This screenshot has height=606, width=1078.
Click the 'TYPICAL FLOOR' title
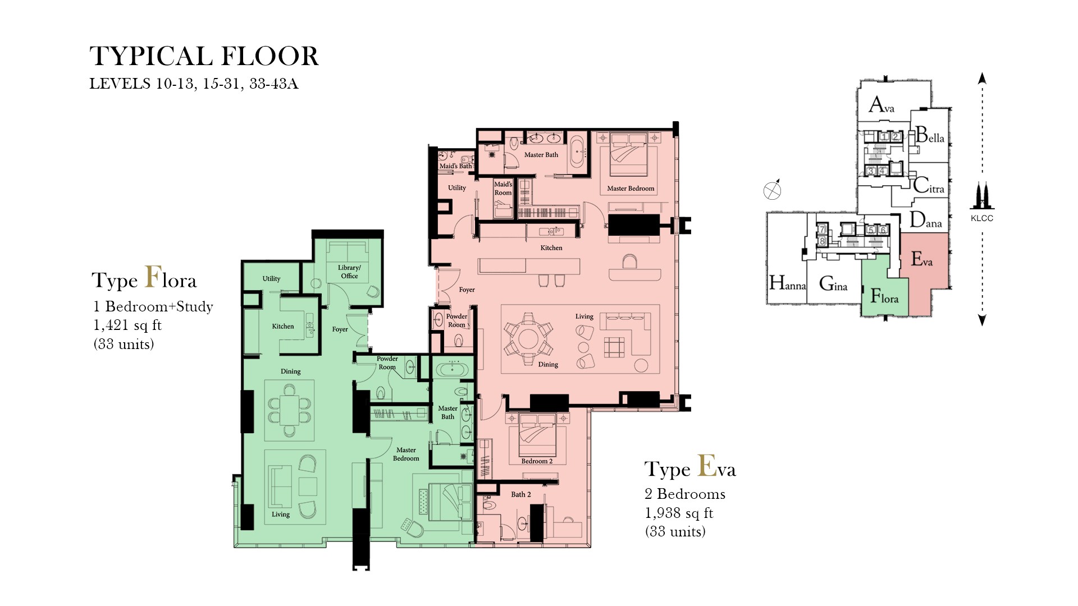tap(204, 57)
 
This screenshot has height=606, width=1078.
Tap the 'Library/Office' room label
tap(349, 272)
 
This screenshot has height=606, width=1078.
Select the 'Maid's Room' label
tap(503, 189)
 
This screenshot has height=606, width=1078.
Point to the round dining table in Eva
tap(528, 338)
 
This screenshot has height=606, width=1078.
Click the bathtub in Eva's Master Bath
tap(577, 151)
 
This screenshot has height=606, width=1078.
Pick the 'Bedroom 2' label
tap(537, 461)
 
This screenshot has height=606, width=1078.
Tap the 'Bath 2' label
tap(520, 494)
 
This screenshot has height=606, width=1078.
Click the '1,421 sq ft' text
tap(127, 325)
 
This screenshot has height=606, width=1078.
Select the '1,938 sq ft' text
tap(679, 513)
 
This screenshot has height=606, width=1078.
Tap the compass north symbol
tap(773, 191)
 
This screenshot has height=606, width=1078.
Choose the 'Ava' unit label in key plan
tap(881, 105)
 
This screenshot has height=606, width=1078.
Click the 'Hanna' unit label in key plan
tap(787, 283)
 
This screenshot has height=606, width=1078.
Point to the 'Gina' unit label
tap(833, 284)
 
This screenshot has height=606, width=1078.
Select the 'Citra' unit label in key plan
tap(929, 186)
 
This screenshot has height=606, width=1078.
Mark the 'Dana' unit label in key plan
tap(925, 221)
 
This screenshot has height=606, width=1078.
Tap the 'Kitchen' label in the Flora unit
tap(283, 327)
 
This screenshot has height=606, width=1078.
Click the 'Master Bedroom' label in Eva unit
tap(631, 189)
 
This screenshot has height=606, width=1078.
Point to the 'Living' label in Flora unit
tap(281, 515)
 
